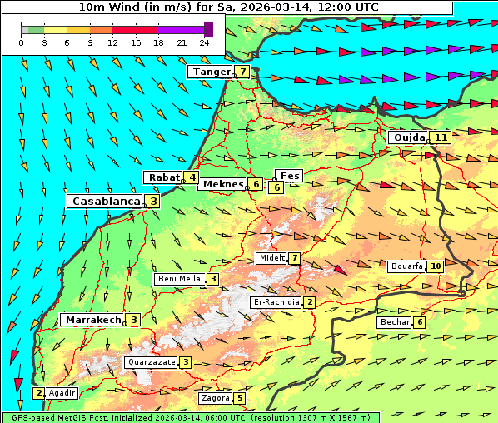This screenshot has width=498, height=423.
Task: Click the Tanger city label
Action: pyautogui.click(x=211, y=72)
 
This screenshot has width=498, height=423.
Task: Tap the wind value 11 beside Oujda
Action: pyautogui.click(x=441, y=137)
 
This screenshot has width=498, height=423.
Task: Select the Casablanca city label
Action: pyautogui.click(x=105, y=201)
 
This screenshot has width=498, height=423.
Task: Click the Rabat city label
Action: pyautogui.click(x=164, y=177)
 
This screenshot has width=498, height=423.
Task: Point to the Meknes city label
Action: pyautogui.click(x=222, y=184)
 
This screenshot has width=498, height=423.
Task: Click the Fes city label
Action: pyautogui.click(x=290, y=176)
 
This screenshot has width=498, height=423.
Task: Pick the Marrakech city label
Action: pyautogui.click(x=92, y=320)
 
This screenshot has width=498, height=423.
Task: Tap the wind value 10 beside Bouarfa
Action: pyautogui.click(x=436, y=266)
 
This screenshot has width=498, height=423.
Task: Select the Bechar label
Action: pyautogui.click(x=395, y=322)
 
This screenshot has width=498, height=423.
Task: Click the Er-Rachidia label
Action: pyautogui.click(x=276, y=302)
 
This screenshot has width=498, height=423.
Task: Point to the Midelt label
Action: pyautogui.click(x=272, y=258)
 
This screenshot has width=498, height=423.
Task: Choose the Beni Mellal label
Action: pyautogui.click(x=180, y=279)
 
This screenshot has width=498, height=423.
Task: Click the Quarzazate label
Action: pyautogui.click(x=151, y=362)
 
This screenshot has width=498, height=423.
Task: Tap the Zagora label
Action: pyautogui.click(x=216, y=398)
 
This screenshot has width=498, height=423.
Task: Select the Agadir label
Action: pyautogui.click(x=62, y=392)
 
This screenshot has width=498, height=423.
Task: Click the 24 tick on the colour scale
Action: pyautogui.click(x=204, y=42)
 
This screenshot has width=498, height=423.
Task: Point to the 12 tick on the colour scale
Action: pyautogui.click(x=112, y=42)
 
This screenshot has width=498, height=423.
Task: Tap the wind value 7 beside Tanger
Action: pyautogui.click(x=242, y=72)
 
